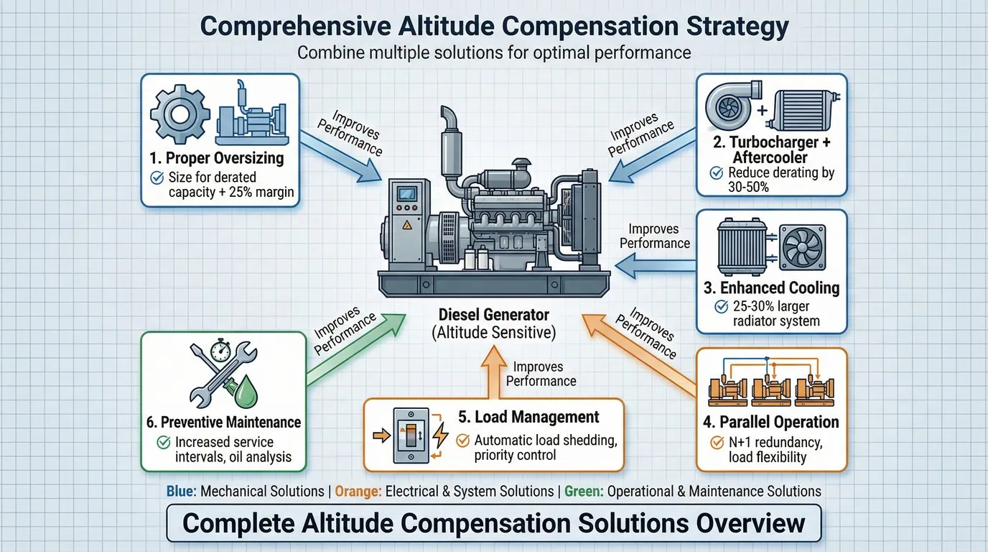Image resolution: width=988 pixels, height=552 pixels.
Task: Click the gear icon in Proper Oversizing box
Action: point(180,115)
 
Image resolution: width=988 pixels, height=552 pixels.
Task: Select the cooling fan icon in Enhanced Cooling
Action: point(802,247)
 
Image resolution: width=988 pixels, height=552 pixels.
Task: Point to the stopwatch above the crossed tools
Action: point(220,351)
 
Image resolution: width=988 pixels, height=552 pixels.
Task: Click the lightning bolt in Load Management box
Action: point(440,435)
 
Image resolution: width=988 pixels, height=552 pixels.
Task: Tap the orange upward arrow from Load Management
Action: point(493,372)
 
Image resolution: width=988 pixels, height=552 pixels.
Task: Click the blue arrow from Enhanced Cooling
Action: point(656,266)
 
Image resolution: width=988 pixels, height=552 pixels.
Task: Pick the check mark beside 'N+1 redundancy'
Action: point(717,442)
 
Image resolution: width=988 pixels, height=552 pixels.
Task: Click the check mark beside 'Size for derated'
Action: point(157,178)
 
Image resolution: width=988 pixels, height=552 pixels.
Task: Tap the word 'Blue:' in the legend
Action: point(181,491)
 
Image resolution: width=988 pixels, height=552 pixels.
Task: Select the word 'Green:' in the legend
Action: point(584,491)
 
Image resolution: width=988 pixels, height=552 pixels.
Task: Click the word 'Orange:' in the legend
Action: point(358,491)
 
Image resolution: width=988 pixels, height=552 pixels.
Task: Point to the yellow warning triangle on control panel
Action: point(406,225)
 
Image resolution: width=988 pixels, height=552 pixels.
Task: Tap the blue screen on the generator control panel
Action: point(406,193)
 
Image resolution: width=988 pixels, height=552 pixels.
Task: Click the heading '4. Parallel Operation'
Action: point(771,422)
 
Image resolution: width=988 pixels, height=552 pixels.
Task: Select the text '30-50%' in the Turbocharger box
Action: point(748,188)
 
